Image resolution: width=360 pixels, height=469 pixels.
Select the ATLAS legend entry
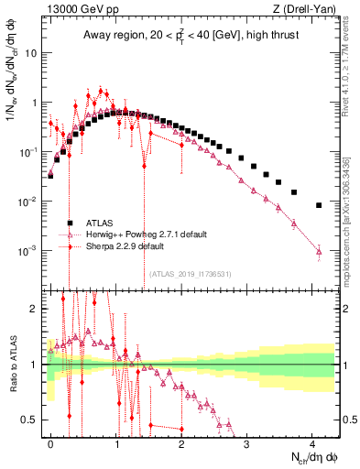(x=106, y=223)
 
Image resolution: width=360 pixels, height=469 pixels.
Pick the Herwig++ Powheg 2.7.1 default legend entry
(x=138, y=234)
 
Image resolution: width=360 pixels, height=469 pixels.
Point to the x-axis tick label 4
(x=312, y=442)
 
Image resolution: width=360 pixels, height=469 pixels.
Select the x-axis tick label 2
(x=181, y=442)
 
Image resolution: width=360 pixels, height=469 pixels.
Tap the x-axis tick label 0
(x=51, y=442)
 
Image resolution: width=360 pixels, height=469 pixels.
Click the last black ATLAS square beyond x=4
(x=319, y=205)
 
